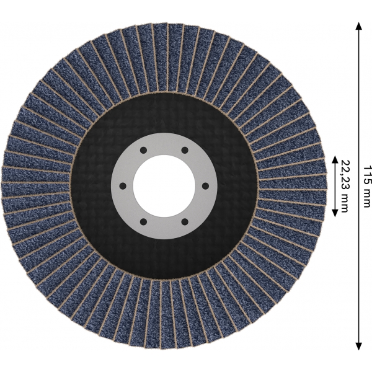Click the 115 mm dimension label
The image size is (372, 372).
(366, 186)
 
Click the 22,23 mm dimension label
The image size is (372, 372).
(345, 186)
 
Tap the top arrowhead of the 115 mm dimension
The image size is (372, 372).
(359, 25)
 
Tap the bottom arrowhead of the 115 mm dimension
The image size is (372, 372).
(359, 346)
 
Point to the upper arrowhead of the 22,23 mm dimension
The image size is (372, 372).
(335, 159)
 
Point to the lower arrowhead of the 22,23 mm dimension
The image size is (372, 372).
(335, 213)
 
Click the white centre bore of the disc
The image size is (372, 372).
(164, 186)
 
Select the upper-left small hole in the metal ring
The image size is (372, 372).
(143, 151)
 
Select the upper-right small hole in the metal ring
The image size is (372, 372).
(185, 151)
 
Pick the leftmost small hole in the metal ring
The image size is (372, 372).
(123, 186)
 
